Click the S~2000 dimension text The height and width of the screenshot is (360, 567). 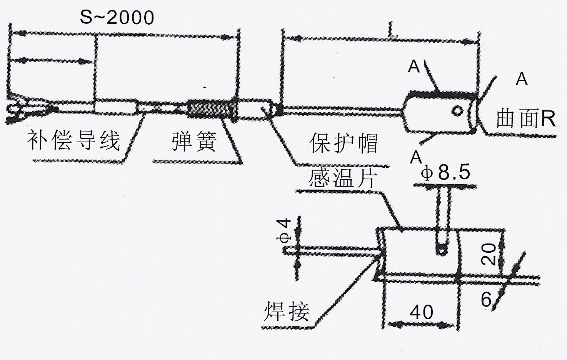pyautogui.click(x=117, y=17)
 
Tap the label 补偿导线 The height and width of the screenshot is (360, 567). pyautogui.click(x=73, y=140)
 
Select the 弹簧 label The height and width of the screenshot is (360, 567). pyautogui.click(x=194, y=141)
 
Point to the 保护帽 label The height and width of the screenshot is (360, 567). pyautogui.click(x=344, y=143)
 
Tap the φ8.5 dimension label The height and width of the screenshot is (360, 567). pyautogui.click(x=446, y=173)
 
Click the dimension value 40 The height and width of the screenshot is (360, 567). pyautogui.click(x=422, y=312)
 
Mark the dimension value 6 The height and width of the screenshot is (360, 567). pyautogui.click(x=487, y=299)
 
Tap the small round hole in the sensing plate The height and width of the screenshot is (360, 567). pyautogui.click(x=457, y=111)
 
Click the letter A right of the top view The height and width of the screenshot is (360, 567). pyautogui.click(x=522, y=79)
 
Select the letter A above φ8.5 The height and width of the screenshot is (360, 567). pyautogui.click(x=415, y=157)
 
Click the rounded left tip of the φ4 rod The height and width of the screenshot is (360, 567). pyautogui.click(x=287, y=250)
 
